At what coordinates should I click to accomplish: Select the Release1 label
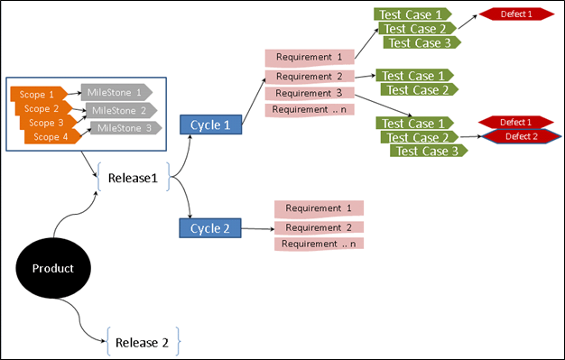point(133,178)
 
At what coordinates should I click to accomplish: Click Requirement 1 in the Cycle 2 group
point(319,208)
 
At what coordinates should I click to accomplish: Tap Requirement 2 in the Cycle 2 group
point(319,227)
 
